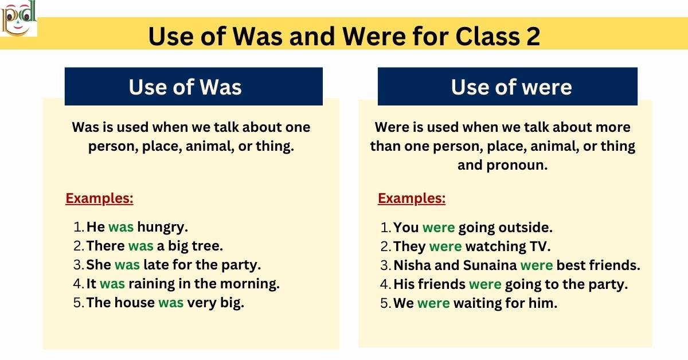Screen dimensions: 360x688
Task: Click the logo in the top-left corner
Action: pyautogui.click(x=19, y=18)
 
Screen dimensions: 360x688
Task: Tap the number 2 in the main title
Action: pyautogui.click(x=531, y=37)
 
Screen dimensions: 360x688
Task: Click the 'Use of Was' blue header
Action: pyautogui.click(x=193, y=87)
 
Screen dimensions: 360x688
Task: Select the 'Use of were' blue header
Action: pyautogui.click(x=507, y=87)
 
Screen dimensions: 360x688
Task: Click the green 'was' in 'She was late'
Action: pyautogui.click(x=127, y=265)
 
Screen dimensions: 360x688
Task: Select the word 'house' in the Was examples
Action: pyautogui.click(x=135, y=303)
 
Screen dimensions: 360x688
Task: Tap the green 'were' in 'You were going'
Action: pyautogui.click(x=439, y=228)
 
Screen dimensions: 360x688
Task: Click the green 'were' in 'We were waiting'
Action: pyautogui.click(x=433, y=303)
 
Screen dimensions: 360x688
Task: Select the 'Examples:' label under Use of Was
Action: pyautogui.click(x=99, y=199)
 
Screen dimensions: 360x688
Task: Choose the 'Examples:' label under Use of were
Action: pyautogui.click(x=412, y=199)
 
